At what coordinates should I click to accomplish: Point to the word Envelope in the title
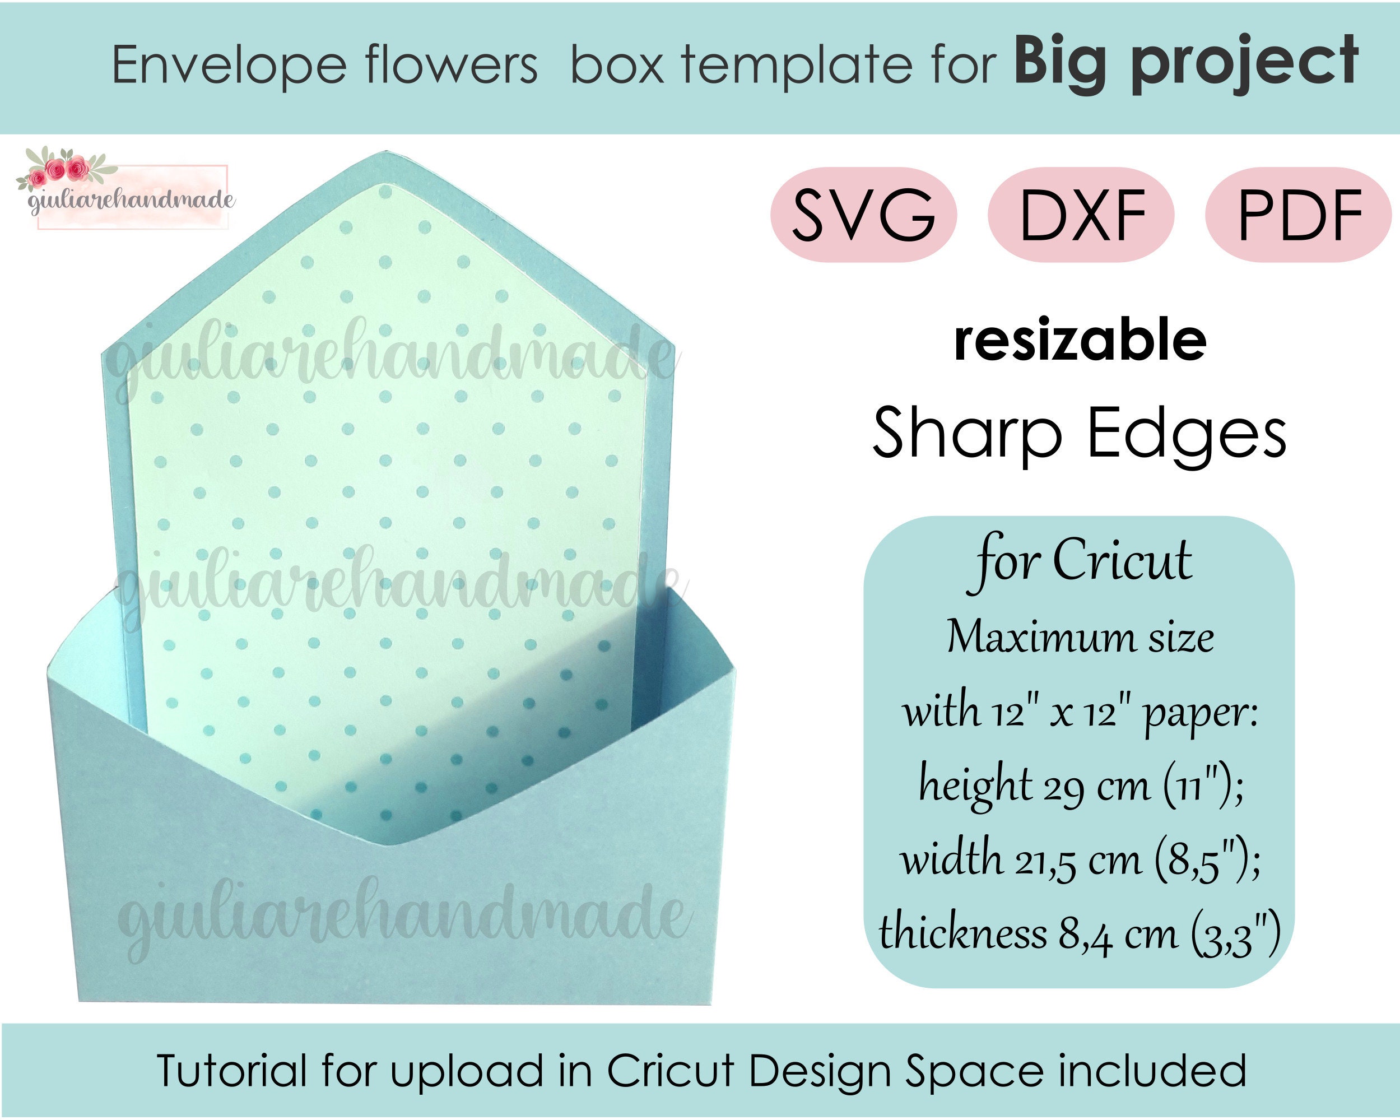(229, 66)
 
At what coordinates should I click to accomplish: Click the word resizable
(1080, 340)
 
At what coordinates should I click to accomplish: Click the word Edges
(1187, 434)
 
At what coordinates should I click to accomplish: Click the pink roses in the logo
(57, 171)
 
